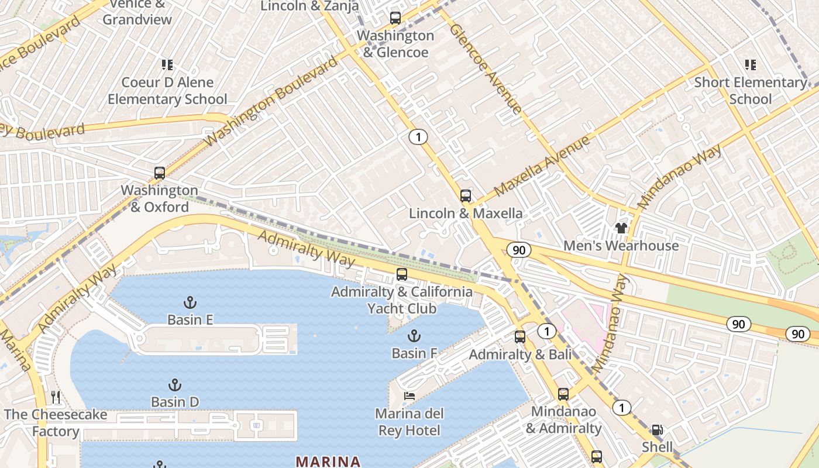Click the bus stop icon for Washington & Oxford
159,173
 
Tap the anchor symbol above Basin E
190,302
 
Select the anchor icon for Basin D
174,385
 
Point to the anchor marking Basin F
414,336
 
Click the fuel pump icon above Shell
658,430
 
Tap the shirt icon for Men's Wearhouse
621,228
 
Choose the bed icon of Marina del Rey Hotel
409,396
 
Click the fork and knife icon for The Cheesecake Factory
56,397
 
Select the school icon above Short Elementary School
750,65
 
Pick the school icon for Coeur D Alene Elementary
167,65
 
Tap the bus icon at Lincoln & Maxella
466,196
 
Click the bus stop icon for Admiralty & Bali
519,337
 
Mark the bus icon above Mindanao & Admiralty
563,394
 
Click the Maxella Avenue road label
542,166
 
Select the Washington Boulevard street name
271,102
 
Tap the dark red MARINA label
328,461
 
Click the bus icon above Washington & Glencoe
395,18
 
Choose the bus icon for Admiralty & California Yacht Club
401,274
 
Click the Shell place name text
658,447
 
